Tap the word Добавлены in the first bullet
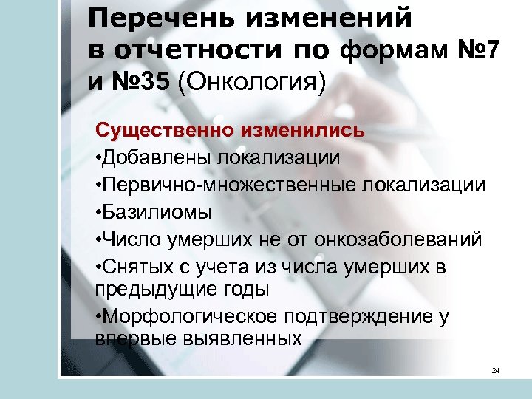coord(156,158)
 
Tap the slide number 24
coord(496,370)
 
